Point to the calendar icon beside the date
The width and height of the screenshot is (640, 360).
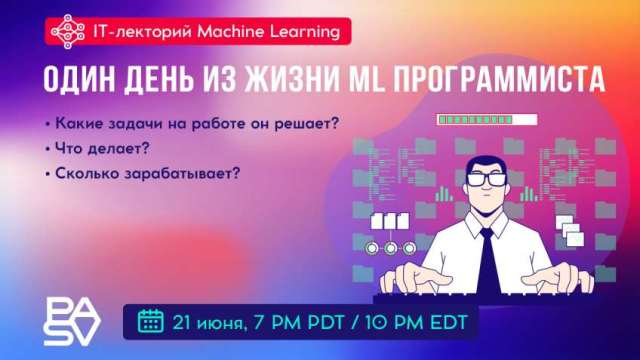point(151,321)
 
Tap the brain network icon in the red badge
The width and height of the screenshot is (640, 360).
point(67,32)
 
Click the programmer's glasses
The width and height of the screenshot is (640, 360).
point(482,180)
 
